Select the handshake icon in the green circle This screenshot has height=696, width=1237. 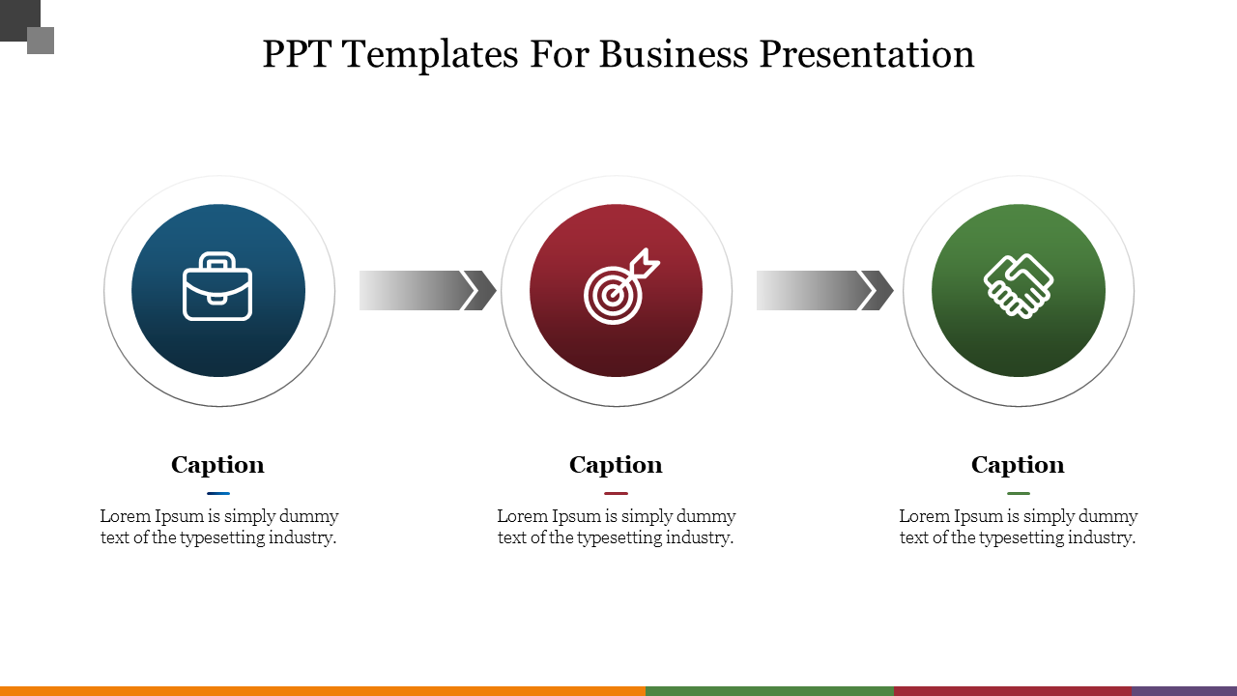coord(1019,285)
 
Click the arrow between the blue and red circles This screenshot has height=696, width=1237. coord(427,290)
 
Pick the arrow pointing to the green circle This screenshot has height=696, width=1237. coord(824,290)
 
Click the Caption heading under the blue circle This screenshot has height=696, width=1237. coord(217,465)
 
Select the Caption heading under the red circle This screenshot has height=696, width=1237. coord(616,465)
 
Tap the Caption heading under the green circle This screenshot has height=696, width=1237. coord(1018,465)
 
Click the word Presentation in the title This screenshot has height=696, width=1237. coord(867,54)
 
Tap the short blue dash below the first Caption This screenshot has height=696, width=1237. coord(218,493)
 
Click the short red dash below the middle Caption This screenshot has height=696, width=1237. coord(616,493)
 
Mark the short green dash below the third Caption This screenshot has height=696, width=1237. coord(1018,493)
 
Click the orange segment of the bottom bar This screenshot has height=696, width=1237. coord(322,690)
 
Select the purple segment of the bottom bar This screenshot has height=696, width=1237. coord(1184,690)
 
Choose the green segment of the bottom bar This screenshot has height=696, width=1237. coord(769,690)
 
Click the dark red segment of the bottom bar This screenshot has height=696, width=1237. coord(1013,690)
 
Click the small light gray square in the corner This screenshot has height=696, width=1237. coord(42,42)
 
